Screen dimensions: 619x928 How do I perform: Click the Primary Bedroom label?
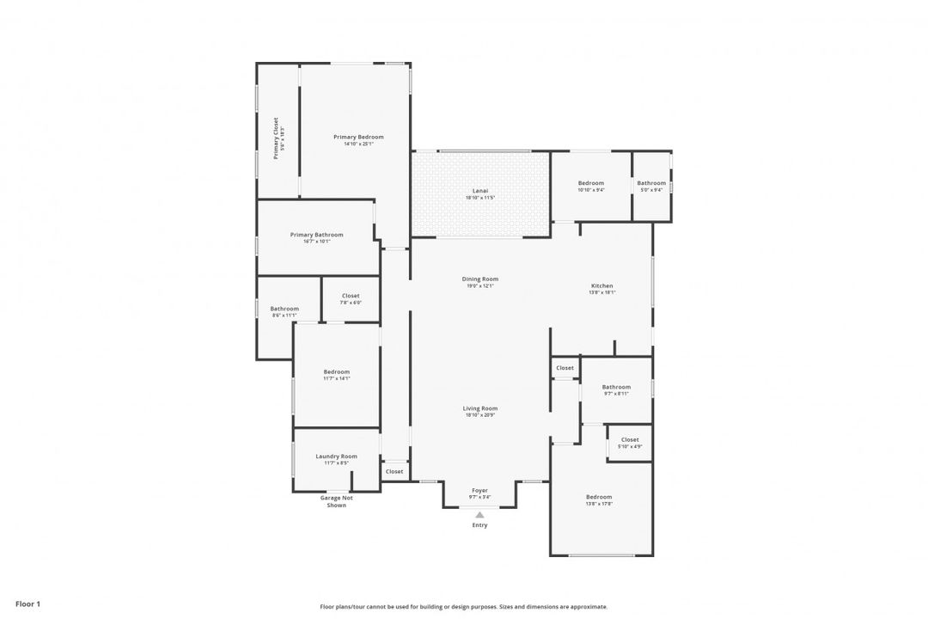pos(358,138)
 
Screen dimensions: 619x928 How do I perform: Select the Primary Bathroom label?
pos(316,235)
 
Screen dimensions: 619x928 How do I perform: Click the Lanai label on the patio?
pos(480,191)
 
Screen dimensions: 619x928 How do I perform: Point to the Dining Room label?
pos(480,279)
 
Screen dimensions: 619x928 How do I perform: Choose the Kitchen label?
pos(601,285)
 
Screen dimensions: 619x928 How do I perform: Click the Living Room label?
pos(480,408)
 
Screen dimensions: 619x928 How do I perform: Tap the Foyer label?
pos(479,490)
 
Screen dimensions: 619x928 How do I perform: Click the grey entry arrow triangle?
pos(479,515)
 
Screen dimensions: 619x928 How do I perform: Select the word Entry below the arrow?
pos(479,525)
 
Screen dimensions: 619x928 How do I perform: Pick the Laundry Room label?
pos(336,457)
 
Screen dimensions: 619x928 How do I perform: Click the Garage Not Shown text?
pos(336,501)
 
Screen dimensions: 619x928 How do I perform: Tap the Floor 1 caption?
pos(27,604)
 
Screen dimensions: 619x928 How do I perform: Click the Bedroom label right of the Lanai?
pos(590,183)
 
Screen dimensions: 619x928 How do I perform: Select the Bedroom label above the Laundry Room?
pos(336,371)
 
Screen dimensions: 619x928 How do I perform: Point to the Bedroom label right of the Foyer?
pos(599,497)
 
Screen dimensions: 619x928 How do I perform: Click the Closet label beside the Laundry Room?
pos(394,471)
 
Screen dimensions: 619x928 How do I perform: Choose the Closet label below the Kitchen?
pos(565,368)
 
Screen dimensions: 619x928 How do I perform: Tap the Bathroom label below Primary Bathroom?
pos(284,309)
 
